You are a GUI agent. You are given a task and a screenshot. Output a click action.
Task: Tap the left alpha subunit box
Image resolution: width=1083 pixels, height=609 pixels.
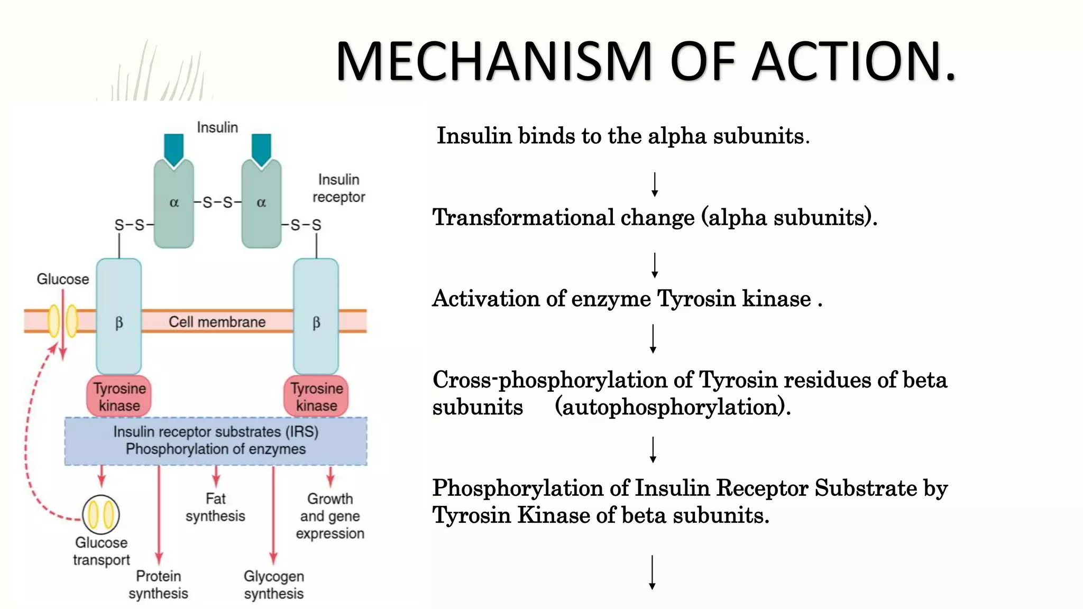point(173,204)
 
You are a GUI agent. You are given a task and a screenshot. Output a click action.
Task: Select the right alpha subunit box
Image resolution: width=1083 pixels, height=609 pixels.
point(261,204)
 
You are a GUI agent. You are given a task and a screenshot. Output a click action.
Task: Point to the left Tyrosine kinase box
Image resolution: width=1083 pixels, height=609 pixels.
point(119,396)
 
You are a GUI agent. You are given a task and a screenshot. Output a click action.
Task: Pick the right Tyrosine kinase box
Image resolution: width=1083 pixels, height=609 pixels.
point(316,396)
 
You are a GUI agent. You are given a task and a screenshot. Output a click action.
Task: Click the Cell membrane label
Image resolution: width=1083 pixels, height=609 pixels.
point(217,322)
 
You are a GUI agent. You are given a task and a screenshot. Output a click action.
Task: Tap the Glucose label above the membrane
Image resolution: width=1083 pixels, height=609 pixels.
point(62,279)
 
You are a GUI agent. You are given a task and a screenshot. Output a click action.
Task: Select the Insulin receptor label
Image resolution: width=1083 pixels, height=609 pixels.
point(338,188)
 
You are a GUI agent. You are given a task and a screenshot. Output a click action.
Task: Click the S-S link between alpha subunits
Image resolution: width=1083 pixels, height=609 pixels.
point(217,202)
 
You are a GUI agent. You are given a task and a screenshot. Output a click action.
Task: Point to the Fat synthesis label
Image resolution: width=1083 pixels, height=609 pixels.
point(215,507)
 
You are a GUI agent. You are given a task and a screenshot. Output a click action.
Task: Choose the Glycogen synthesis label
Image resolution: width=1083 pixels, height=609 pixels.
point(273,585)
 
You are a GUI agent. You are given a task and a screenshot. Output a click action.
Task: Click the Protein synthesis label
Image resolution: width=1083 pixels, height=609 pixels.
point(158,585)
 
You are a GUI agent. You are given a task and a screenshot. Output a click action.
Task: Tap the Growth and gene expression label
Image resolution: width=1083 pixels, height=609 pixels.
point(330,516)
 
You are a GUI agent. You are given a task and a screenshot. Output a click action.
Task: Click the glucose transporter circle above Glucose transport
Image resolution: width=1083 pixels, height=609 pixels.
point(101,514)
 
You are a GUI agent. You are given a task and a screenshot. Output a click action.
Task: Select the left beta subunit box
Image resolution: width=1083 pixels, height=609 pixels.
point(119,317)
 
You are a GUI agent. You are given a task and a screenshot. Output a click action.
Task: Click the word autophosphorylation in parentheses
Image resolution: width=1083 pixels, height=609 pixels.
point(672,407)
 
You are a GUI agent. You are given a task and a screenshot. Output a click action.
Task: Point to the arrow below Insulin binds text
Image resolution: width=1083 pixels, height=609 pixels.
point(655,184)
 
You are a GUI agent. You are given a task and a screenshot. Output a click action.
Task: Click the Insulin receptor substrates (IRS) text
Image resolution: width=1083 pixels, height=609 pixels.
point(216,432)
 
